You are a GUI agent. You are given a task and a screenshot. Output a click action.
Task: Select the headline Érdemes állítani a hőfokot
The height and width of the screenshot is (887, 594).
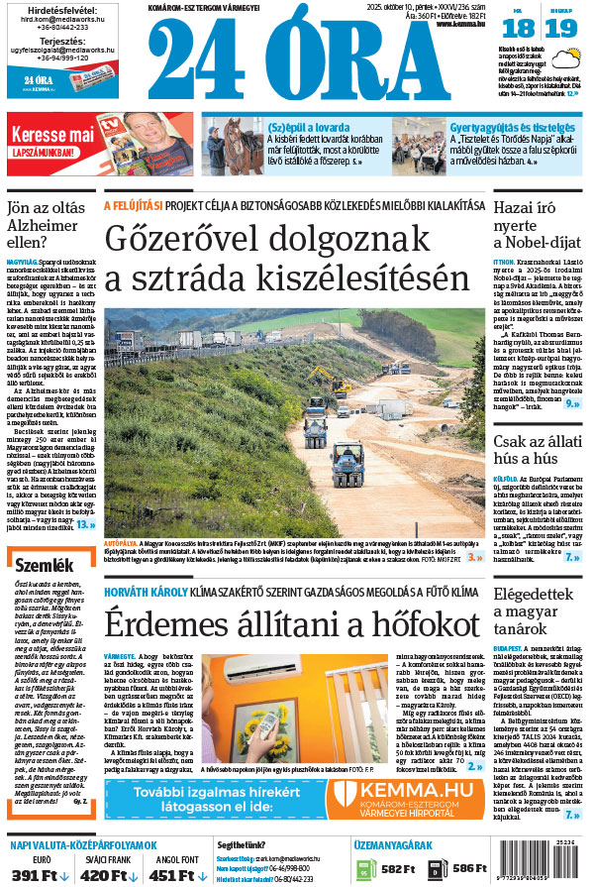(x=287, y=625)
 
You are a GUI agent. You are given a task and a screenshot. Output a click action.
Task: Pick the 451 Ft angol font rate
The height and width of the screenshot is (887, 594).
(x=176, y=874)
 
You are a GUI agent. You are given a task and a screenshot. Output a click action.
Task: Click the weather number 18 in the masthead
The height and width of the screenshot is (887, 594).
(x=525, y=28)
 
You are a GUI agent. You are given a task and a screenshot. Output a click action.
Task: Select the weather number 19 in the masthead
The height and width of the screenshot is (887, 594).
(x=560, y=28)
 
